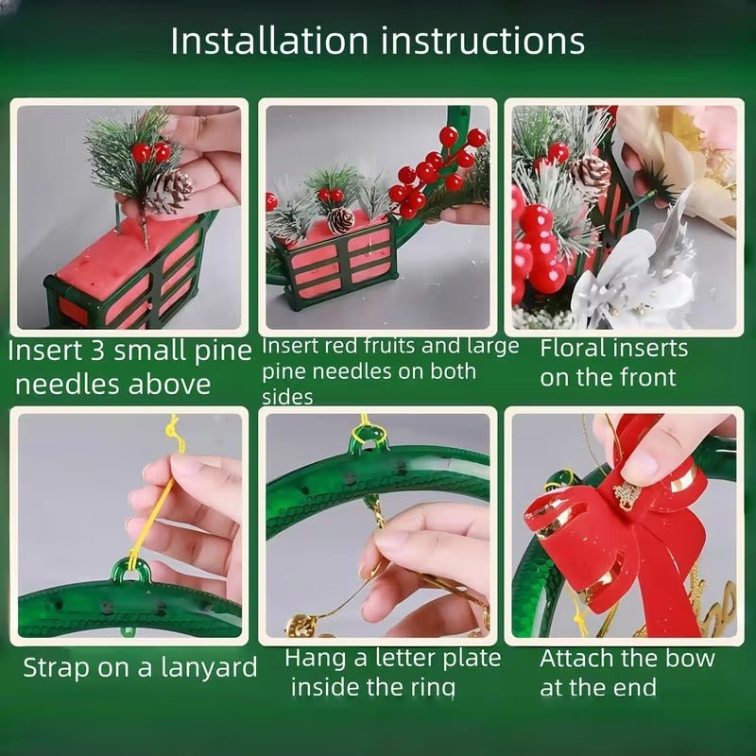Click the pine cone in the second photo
tap(341, 220)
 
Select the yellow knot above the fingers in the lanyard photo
tap(173, 430)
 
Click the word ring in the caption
tap(437, 687)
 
